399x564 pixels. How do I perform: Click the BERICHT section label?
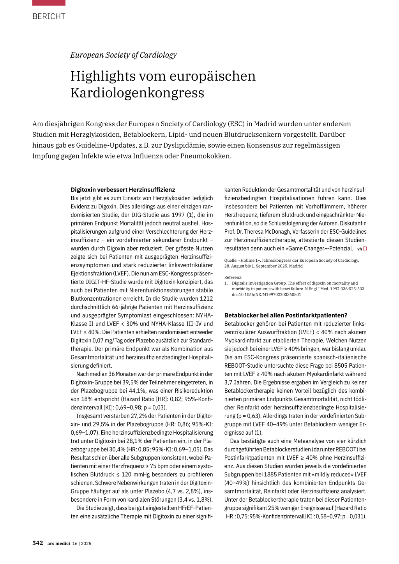[49, 16]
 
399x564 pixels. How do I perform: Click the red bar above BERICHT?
[49, 3]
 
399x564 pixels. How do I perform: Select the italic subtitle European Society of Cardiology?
[123, 55]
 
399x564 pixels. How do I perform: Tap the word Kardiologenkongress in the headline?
[137, 93]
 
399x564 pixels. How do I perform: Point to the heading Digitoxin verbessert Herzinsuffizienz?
[123, 190]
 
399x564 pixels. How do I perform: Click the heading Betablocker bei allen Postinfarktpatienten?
[286, 315]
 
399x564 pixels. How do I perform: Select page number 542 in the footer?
[38, 543]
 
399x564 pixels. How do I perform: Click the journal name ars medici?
[58, 543]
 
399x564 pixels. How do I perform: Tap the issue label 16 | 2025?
[82, 543]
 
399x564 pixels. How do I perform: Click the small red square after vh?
[365, 249]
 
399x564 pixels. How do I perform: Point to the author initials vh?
[359, 249]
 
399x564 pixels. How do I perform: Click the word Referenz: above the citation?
[233, 277]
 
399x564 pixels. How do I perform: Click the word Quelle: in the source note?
[232, 260]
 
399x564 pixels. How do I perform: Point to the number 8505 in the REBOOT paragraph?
[337, 366]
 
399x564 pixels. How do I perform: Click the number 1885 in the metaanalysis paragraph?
[270, 474]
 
